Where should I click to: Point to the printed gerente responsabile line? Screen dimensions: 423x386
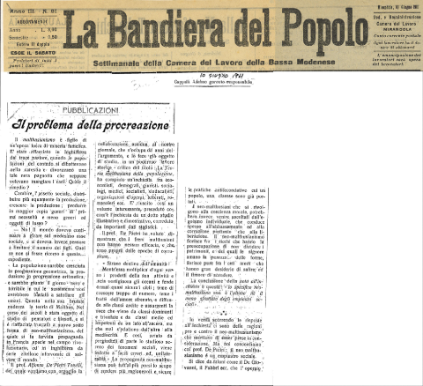coord(204,85)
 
